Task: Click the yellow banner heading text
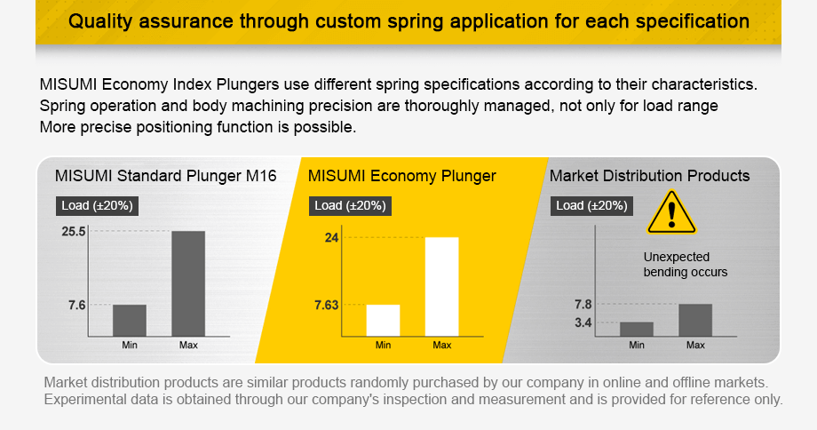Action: (x=408, y=20)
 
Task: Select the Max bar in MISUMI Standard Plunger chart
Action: (x=188, y=283)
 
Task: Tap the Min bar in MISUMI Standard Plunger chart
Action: (x=130, y=320)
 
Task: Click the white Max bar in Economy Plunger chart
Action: (x=441, y=286)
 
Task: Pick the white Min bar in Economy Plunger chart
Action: (x=383, y=320)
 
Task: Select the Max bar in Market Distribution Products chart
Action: (x=695, y=320)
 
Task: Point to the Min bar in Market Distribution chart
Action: (x=637, y=329)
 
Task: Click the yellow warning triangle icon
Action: (x=672, y=213)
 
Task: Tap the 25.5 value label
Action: (x=73, y=231)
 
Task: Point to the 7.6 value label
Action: (x=76, y=305)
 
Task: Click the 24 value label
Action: (x=331, y=237)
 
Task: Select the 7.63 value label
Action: (x=326, y=305)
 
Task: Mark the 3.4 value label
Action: (x=583, y=322)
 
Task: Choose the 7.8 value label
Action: (x=583, y=305)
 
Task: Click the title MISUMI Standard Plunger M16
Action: (x=165, y=176)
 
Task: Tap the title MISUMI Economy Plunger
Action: (x=402, y=176)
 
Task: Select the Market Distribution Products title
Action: (x=649, y=176)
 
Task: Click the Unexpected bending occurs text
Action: (x=685, y=264)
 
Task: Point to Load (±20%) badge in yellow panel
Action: (x=350, y=205)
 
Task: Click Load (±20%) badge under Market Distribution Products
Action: (x=593, y=205)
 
